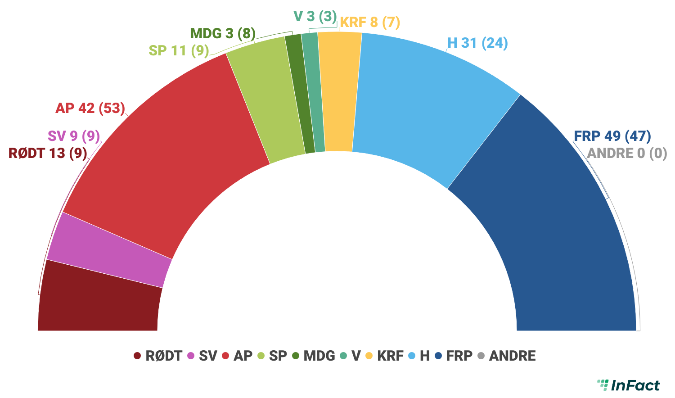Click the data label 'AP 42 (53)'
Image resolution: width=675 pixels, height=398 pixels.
pyautogui.click(x=90, y=109)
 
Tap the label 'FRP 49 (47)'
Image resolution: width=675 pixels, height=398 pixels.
pyautogui.click(x=612, y=136)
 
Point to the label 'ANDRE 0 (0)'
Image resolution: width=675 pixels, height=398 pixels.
pyautogui.click(x=627, y=154)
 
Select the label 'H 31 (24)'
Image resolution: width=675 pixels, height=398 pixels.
pyautogui.click(x=477, y=43)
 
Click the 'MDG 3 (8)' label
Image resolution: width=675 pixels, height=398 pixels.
pyautogui.click(x=223, y=33)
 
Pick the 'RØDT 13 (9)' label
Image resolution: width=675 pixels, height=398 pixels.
pyautogui.click(x=48, y=154)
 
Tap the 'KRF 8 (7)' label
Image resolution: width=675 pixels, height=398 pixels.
pyautogui.click(x=370, y=22)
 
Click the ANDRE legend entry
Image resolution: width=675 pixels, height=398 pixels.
pyautogui.click(x=507, y=356)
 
